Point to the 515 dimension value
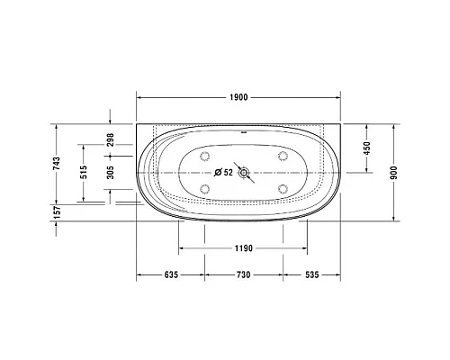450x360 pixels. [85, 173]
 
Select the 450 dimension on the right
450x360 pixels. [367, 148]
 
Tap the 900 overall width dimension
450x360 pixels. [392, 173]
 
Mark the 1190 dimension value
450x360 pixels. [238, 247]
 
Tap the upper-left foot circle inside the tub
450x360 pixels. [205, 157]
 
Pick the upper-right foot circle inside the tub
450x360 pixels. [283, 157]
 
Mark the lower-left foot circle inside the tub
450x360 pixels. [205, 188]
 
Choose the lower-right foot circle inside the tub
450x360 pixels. [283, 188]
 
